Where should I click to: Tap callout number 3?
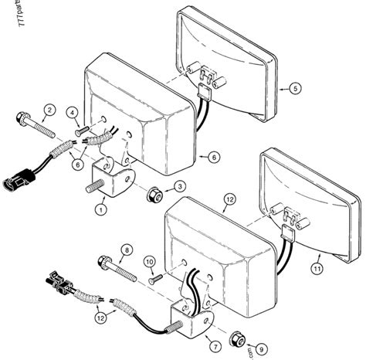pos(179,186)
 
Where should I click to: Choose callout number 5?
pos(294,90)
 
